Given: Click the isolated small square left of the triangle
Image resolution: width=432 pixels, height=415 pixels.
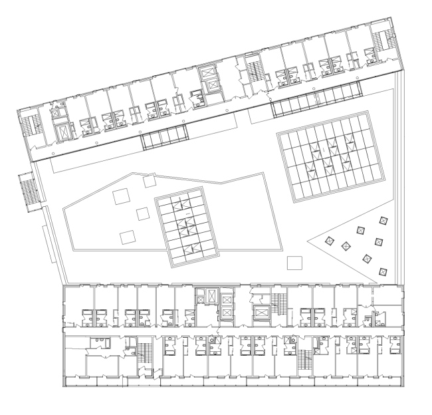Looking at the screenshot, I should [294, 262].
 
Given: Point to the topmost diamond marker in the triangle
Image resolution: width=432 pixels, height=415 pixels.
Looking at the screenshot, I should [382, 220].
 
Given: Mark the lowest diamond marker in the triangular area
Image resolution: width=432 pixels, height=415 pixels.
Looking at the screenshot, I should [382, 271].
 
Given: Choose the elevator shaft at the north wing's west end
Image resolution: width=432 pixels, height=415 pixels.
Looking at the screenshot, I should [65, 131].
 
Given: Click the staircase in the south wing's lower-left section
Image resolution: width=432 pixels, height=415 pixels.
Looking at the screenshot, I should [143, 352].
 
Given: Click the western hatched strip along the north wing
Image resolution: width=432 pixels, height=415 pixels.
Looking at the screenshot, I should [163, 138].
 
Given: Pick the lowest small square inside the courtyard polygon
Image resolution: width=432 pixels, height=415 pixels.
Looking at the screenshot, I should [126, 235].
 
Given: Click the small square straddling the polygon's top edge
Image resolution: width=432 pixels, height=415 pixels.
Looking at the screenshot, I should [148, 180].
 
